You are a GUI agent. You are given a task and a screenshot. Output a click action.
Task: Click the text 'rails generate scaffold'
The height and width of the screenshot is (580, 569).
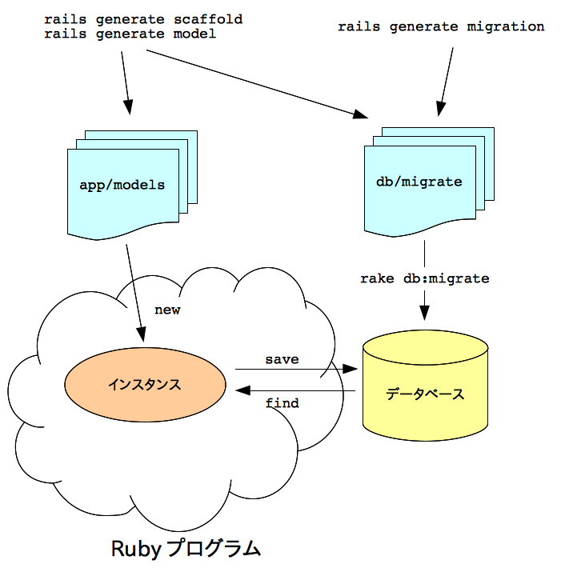click(x=143, y=18)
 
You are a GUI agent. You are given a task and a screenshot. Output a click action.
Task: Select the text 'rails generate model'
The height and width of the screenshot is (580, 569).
click(x=130, y=34)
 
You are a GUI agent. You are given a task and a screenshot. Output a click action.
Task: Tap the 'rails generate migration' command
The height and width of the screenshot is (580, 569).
click(x=441, y=26)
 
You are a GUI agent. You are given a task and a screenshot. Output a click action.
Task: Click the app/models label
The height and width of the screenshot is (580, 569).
click(x=122, y=185)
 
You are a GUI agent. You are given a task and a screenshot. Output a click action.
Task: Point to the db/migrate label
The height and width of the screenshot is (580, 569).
click(x=419, y=182)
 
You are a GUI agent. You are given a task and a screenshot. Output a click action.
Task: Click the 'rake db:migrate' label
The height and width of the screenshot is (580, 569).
click(x=424, y=278)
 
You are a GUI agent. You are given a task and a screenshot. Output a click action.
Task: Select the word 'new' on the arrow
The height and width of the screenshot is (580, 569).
click(x=167, y=310)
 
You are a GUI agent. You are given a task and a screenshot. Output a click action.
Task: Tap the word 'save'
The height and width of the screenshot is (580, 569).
click(x=282, y=359)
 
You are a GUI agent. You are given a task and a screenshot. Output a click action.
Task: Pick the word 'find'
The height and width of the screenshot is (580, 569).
click(x=282, y=403)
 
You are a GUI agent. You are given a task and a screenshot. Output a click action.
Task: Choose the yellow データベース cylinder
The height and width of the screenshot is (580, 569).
click(x=425, y=394)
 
